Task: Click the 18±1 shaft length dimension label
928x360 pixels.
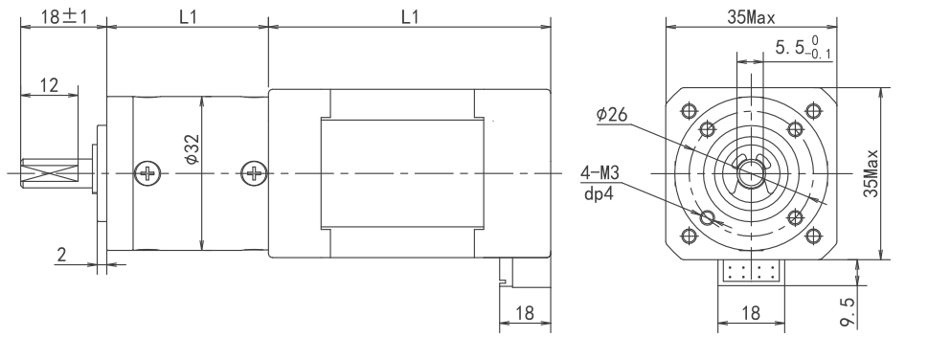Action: (64, 16)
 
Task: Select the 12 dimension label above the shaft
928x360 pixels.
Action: (49, 85)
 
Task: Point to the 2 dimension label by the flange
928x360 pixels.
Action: (62, 256)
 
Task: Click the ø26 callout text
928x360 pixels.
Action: (611, 114)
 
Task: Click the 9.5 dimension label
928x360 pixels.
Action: (848, 311)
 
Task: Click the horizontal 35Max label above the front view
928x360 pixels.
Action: (751, 18)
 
